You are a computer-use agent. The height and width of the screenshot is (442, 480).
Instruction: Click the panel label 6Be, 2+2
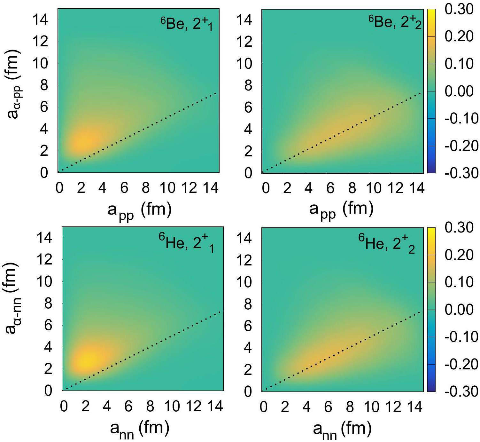395,22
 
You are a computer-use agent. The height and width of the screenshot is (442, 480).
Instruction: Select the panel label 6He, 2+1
186,243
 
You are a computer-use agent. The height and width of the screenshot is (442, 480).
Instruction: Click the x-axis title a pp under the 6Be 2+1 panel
139,210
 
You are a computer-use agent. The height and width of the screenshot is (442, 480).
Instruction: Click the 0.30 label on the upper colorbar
459,9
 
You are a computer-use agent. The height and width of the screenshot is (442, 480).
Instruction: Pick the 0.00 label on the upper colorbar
459,91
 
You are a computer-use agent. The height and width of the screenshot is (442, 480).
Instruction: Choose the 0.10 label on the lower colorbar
459,282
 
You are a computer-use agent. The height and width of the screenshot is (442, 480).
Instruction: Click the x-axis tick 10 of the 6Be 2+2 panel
374,188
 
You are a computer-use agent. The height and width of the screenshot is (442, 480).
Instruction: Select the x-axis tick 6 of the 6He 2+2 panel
328,407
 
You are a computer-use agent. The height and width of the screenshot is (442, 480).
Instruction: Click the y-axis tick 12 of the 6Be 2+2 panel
244,42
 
